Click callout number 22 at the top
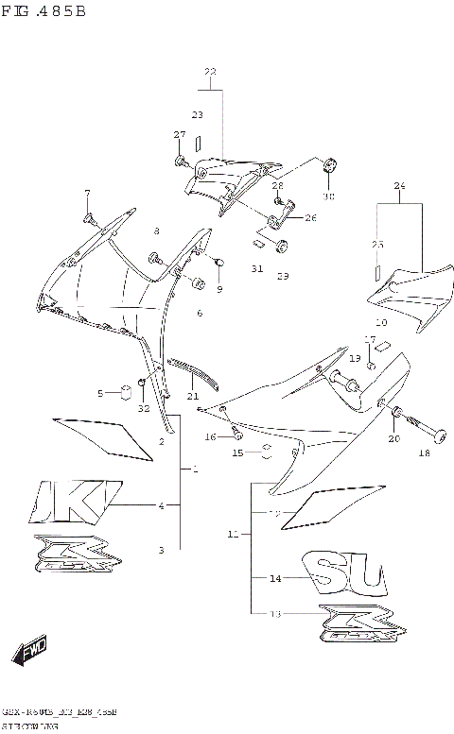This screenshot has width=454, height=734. click(210, 72)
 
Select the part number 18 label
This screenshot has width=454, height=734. click(423, 453)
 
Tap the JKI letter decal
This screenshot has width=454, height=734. click(77, 502)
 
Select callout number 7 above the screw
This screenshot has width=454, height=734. click(86, 194)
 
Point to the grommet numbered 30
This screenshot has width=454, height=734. click(329, 167)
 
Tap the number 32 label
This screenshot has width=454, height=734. click(143, 409)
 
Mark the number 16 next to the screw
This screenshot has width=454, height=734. click(211, 436)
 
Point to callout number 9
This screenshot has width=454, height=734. click(218, 288)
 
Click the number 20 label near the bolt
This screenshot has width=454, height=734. click(393, 438)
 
